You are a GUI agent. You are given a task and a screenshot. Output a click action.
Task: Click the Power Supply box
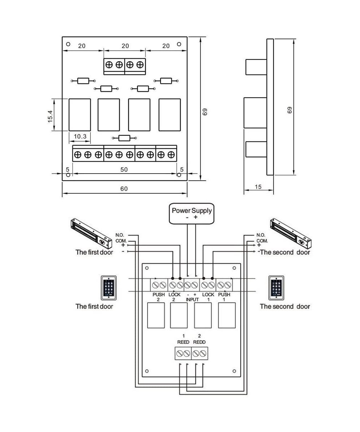click(x=192, y=213)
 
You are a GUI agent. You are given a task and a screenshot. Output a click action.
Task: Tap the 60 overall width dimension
click(x=124, y=189)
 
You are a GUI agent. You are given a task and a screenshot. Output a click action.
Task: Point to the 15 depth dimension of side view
click(x=258, y=187)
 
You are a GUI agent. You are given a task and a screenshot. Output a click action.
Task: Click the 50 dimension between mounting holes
click(x=124, y=169)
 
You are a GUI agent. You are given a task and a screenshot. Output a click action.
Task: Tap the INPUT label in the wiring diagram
click(x=192, y=299)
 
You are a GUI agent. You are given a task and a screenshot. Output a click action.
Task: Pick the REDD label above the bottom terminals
click(x=199, y=342)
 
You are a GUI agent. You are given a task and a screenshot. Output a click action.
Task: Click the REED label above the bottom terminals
click(x=183, y=342)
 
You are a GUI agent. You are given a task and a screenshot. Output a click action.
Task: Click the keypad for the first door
click(x=108, y=288)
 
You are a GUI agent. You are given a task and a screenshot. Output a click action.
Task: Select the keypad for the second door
click(x=276, y=288)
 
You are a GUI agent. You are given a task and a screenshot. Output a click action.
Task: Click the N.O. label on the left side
click(x=120, y=235)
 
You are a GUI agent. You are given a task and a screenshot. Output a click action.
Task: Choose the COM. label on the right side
click(x=262, y=240)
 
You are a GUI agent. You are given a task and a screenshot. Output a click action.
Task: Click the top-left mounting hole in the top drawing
click(x=68, y=44)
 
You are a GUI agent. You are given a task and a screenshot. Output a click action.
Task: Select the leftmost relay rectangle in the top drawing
click(x=79, y=114)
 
